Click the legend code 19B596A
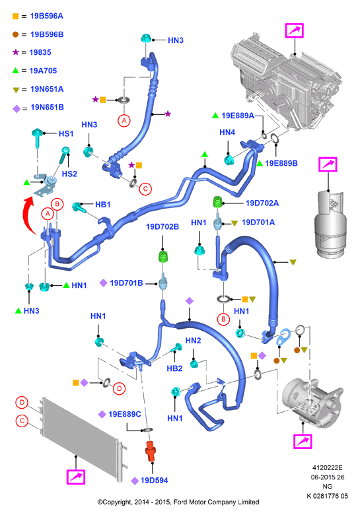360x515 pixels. click(x=46, y=16)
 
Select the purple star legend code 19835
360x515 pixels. click(x=40, y=53)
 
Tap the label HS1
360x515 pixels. click(x=66, y=133)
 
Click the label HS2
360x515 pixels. click(x=69, y=174)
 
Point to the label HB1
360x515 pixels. click(x=103, y=205)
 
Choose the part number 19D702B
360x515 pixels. click(x=162, y=227)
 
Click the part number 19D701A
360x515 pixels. click(x=258, y=223)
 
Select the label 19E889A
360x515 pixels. click(x=238, y=116)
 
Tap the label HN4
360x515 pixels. click(x=227, y=132)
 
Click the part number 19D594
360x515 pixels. click(x=154, y=481)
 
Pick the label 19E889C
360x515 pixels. click(x=124, y=415)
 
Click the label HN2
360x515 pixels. click(x=193, y=341)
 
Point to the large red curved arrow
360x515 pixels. click(x=29, y=215)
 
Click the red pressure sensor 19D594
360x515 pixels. click(x=151, y=450)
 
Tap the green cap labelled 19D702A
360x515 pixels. click(x=217, y=201)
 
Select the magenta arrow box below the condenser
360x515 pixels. click(x=76, y=477)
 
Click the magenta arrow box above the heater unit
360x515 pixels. click(x=295, y=31)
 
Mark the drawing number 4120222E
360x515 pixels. click(x=327, y=467)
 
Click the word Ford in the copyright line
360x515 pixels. click(x=180, y=502)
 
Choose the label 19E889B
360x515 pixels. click(x=281, y=164)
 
